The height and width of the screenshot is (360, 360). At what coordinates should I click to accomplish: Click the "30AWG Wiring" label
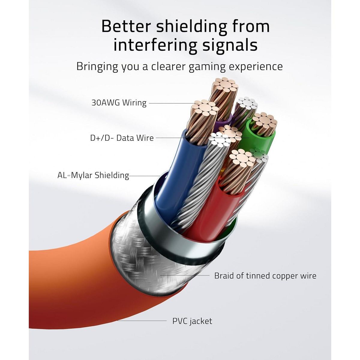(x=119, y=103)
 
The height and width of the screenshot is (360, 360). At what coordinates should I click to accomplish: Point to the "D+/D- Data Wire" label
(x=122, y=138)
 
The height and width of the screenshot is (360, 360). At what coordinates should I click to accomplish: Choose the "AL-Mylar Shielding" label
(x=93, y=175)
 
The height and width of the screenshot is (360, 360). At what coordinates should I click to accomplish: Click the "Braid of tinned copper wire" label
(x=265, y=276)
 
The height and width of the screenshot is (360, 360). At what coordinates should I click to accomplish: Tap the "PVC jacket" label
(x=192, y=321)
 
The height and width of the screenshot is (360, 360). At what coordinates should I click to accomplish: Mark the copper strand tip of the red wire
(x=241, y=158)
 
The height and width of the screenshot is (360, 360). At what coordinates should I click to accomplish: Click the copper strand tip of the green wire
(x=264, y=120)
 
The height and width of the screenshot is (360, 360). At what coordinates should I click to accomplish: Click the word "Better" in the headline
(x=126, y=27)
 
